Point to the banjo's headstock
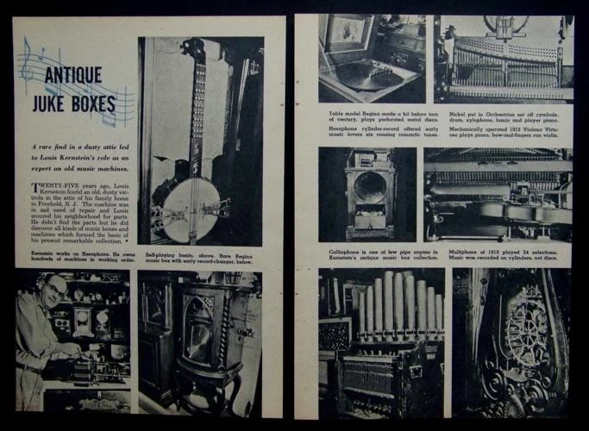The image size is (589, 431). coord(194,52)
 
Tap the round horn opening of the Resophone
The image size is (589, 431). coord(371,188)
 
